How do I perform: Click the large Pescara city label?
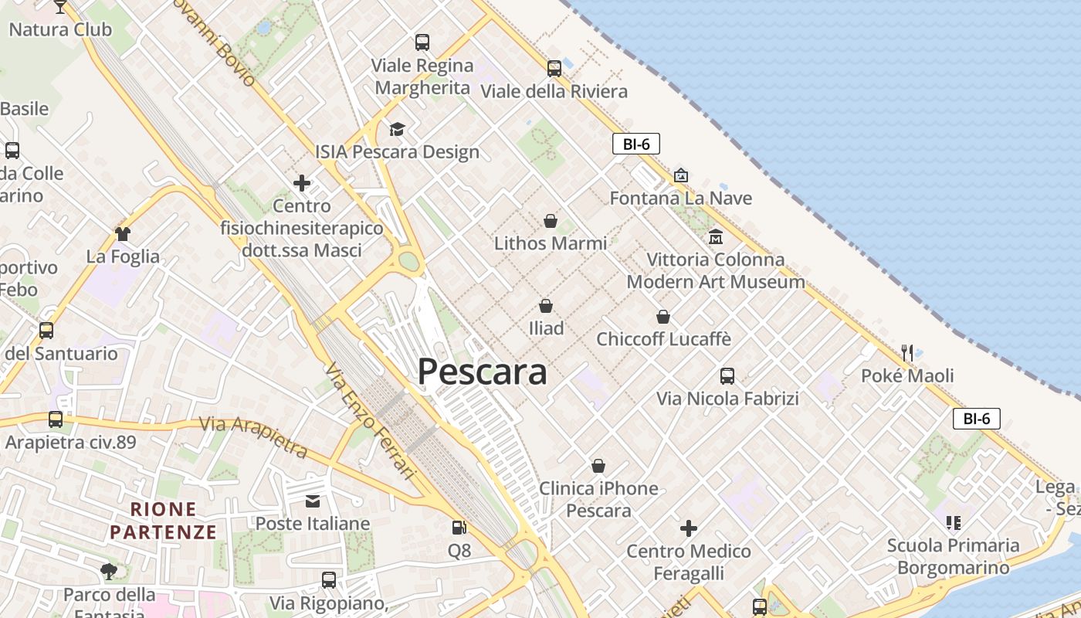(483, 372)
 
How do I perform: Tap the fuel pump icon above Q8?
(459, 528)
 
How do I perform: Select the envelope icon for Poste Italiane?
(313, 501)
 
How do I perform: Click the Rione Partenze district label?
(164, 521)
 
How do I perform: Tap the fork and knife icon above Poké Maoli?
(907, 353)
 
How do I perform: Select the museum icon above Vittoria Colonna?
(716, 236)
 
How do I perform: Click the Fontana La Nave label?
(680, 199)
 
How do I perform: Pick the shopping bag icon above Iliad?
(546, 306)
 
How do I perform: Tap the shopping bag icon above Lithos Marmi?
(551, 221)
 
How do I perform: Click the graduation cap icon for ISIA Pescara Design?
(397, 129)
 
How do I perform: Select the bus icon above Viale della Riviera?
(554, 69)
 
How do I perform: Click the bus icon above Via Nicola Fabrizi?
(727, 376)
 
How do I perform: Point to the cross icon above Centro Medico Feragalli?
(688, 528)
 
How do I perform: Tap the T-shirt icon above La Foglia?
(123, 233)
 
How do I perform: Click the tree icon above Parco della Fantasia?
(109, 572)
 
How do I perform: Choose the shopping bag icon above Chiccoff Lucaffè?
(663, 317)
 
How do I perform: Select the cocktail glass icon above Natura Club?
(60, 8)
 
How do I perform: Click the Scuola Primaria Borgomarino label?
(953, 556)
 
